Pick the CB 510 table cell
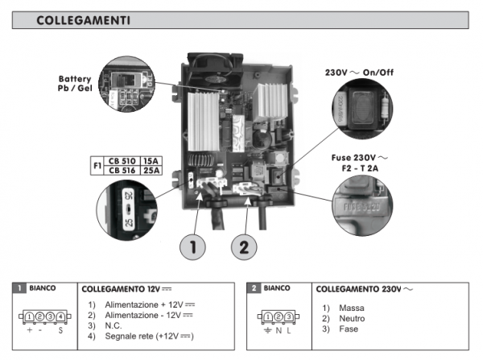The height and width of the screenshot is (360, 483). tap(122, 161)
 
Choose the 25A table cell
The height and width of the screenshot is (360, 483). tap(152, 171)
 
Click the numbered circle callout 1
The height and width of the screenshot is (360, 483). tap(191, 245)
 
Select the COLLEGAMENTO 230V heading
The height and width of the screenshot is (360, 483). tap(356, 288)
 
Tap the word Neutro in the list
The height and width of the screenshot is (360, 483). tap(339, 319)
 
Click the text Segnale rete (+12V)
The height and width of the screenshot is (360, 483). tap(149, 335)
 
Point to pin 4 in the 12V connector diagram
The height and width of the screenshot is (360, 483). tap(60, 317)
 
